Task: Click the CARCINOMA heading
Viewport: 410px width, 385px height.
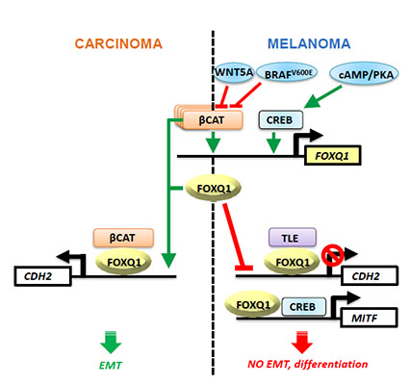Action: point(118,44)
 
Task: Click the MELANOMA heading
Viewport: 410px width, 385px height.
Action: point(309,44)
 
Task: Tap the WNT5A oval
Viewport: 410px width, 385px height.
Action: point(234,72)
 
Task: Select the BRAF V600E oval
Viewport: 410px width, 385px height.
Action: point(288,73)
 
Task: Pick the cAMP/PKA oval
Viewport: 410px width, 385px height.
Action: point(364,74)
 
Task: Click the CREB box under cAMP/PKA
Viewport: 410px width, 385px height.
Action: point(280,120)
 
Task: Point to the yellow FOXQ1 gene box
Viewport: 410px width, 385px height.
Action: point(332,156)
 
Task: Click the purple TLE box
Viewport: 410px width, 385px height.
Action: point(293,238)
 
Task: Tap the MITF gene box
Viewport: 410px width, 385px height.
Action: point(369,318)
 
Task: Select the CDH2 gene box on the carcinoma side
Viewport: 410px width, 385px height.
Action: point(42,276)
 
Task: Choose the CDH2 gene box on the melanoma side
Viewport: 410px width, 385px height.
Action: point(370,275)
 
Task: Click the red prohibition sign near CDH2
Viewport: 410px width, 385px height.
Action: point(333,256)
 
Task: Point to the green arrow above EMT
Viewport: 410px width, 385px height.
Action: point(111,343)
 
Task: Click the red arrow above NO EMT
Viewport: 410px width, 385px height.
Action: point(302,342)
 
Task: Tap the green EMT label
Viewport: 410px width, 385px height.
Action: point(111,365)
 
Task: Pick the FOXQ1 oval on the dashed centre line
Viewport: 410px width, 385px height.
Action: point(214,189)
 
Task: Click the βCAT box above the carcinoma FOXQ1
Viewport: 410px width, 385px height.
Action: point(123,238)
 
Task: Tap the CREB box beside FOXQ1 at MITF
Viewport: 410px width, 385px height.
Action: point(303,307)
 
